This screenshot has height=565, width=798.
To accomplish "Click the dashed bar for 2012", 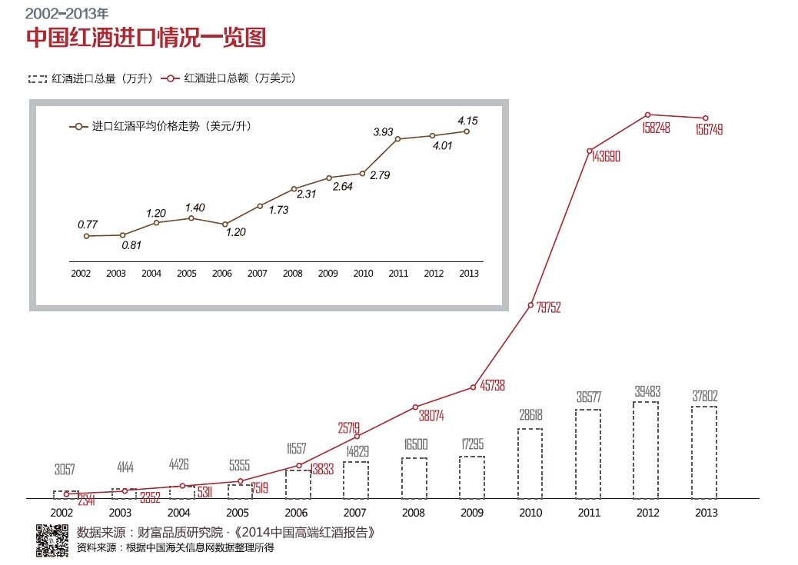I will (646, 450).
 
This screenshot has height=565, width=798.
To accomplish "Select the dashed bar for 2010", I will (530, 463).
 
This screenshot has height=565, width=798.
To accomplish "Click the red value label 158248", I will (655, 128).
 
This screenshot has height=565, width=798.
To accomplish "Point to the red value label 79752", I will (548, 307).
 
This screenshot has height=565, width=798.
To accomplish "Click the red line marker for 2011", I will (589, 151).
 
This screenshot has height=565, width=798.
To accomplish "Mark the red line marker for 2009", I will (473, 387).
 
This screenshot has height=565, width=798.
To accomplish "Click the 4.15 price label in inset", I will (467, 120).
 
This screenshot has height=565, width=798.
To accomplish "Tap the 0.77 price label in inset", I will (87, 224).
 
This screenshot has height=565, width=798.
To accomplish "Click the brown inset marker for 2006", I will (225, 224).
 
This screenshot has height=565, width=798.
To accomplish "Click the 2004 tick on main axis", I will (178, 513).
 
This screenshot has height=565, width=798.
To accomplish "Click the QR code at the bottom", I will (52, 539).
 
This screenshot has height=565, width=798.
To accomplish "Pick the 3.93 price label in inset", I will (384, 131).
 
